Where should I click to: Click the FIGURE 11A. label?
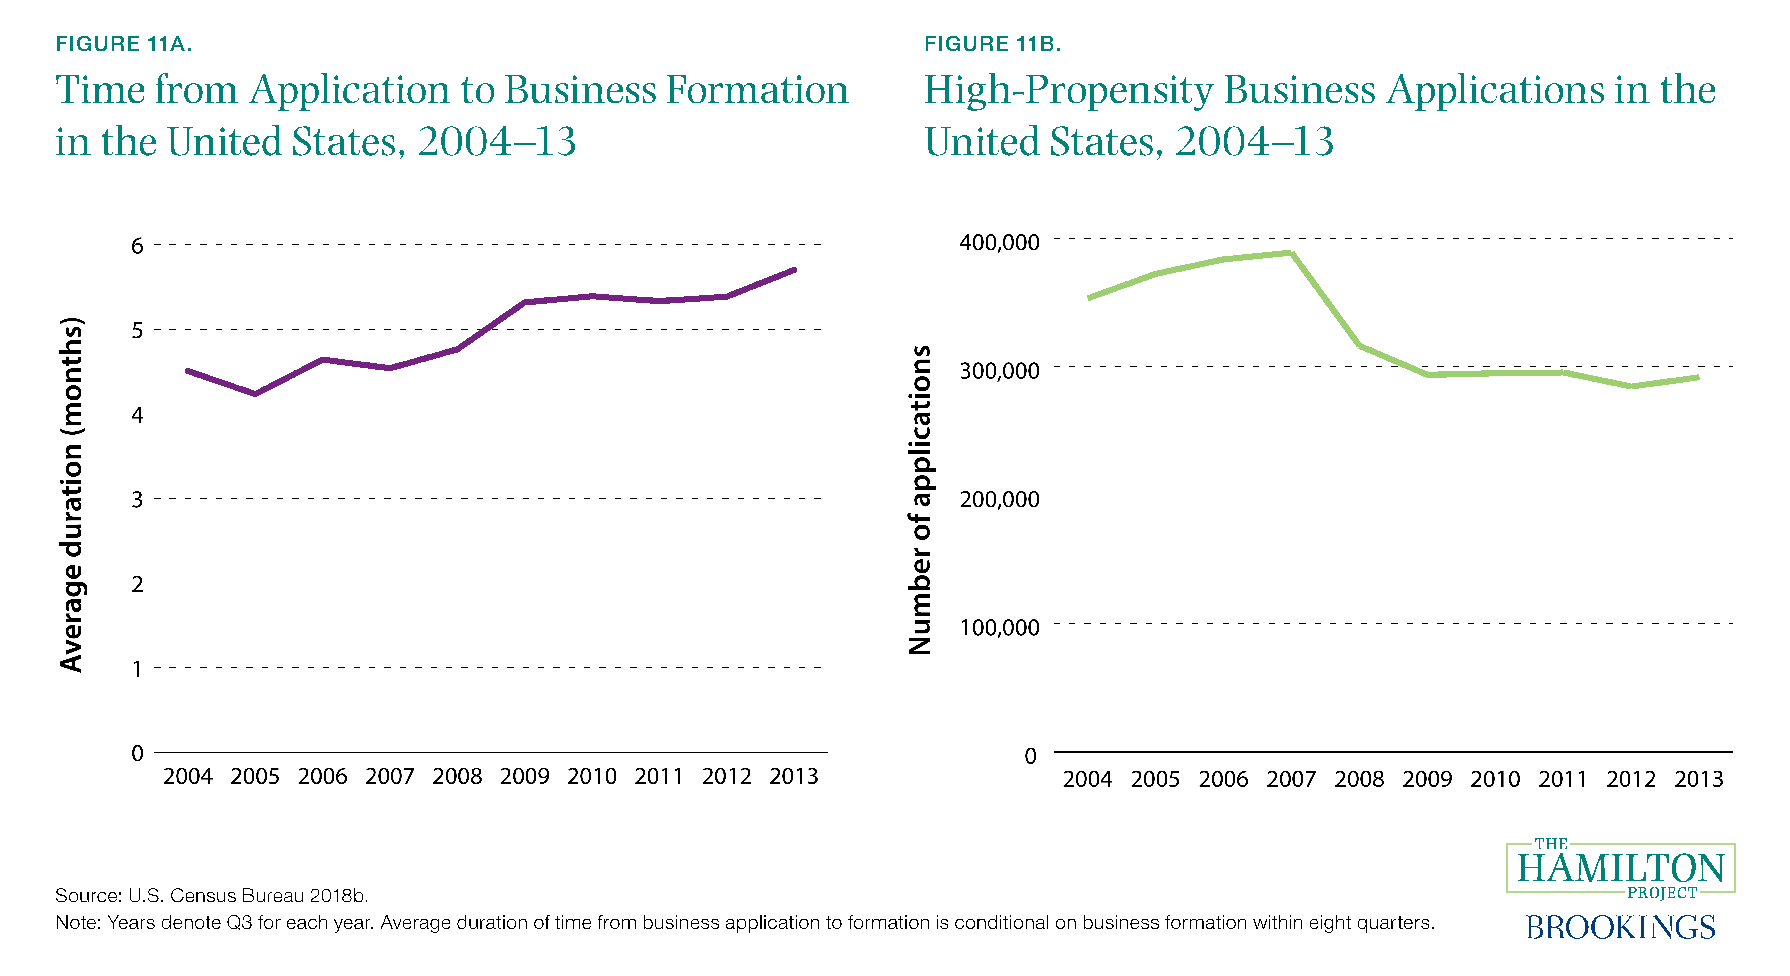[124, 44]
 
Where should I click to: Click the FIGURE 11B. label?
[992, 44]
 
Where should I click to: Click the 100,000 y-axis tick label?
[999, 627]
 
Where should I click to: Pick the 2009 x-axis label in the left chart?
[525, 776]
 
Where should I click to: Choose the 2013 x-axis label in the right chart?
[1699, 779]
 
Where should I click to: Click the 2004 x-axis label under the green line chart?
[1087, 779]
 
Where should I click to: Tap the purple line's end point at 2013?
[794, 270]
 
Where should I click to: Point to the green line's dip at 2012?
[1631, 386]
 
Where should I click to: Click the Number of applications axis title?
[920, 500]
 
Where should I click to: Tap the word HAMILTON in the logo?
[1621, 868]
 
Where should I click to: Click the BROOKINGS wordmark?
[1621, 927]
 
